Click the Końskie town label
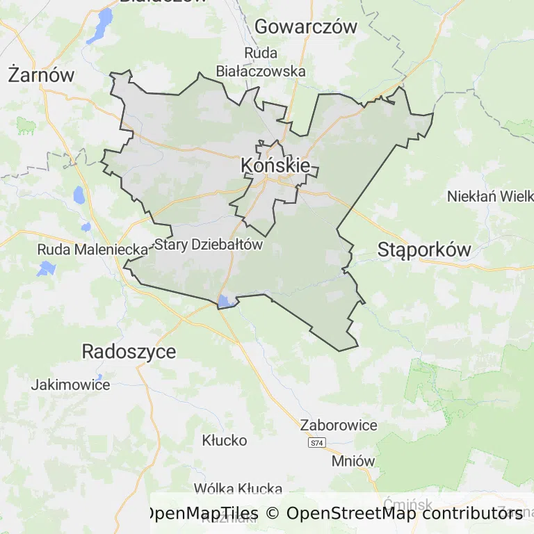(x=275, y=165)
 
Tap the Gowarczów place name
(x=306, y=27)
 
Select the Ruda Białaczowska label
(x=261, y=62)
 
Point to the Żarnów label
(x=41, y=74)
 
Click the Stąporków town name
(x=424, y=250)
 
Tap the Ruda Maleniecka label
(x=92, y=249)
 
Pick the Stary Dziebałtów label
(x=209, y=245)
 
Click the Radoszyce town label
(x=129, y=351)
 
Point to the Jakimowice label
(x=70, y=385)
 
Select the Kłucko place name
(x=224, y=440)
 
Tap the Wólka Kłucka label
(x=238, y=489)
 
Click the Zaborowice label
(x=339, y=425)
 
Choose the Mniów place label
(x=353, y=461)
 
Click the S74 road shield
(x=317, y=443)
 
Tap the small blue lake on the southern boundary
(x=225, y=301)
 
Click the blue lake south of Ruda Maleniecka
(x=47, y=268)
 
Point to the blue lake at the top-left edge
(x=104, y=23)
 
